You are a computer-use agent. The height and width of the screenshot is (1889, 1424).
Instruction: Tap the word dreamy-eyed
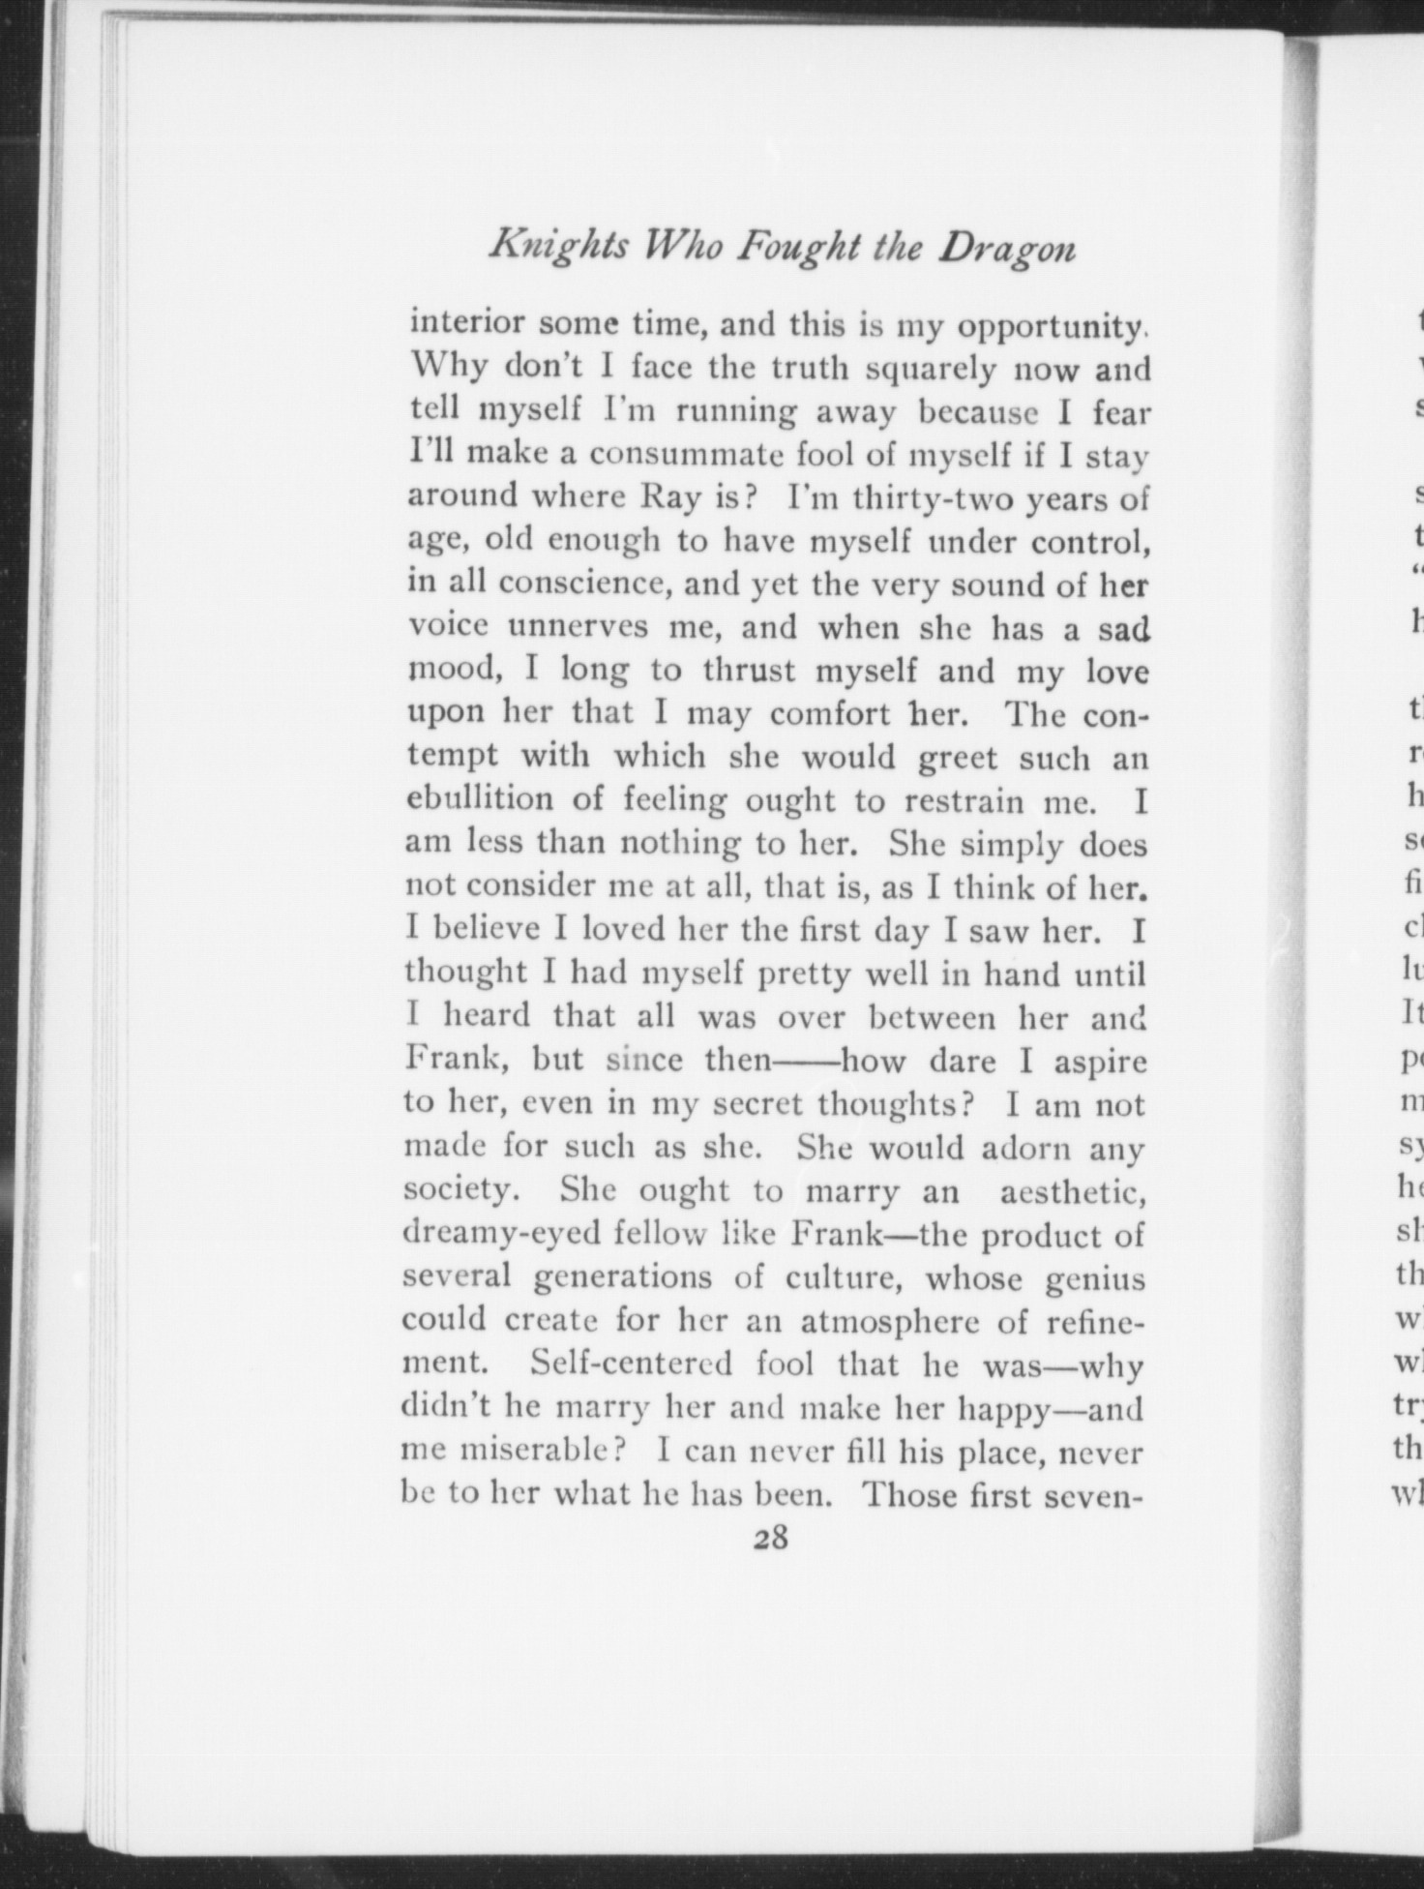(x=491, y=1236)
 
